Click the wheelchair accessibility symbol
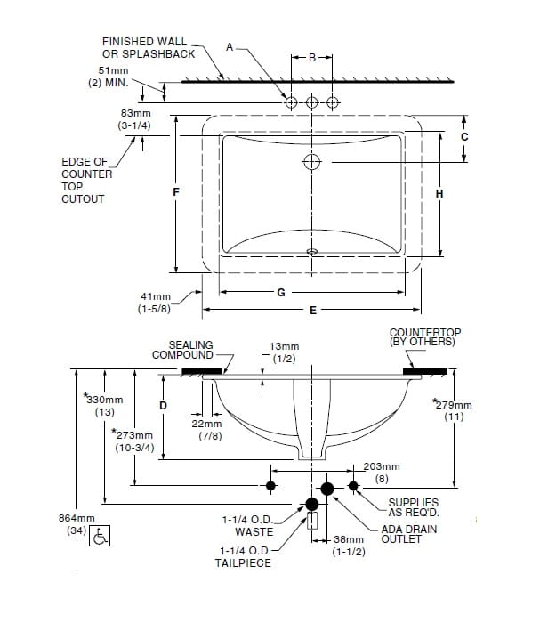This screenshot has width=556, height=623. click(x=100, y=536)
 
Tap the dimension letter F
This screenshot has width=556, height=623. click(x=176, y=192)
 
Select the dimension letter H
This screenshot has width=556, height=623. click(x=439, y=194)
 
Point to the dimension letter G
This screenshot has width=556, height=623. click(x=281, y=293)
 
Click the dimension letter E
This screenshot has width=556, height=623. click(x=313, y=311)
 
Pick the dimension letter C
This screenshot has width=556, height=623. click(x=464, y=137)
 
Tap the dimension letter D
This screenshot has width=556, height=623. click(x=163, y=406)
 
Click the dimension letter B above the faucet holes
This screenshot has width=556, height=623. click(x=312, y=58)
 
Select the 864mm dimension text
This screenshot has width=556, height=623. click(x=77, y=518)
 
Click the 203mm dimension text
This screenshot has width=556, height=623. click(x=382, y=466)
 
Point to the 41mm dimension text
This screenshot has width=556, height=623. click(x=156, y=296)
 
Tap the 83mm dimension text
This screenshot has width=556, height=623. click(x=136, y=113)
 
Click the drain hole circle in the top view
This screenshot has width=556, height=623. click(x=311, y=162)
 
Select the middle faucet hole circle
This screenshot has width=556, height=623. click(x=311, y=102)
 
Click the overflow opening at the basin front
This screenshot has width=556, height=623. click(x=312, y=251)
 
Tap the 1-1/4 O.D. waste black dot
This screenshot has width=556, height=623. click(x=311, y=505)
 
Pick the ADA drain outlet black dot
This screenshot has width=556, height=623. click(x=327, y=489)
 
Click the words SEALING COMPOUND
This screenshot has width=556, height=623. click(x=182, y=350)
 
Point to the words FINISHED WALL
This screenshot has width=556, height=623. click(x=144, y=42)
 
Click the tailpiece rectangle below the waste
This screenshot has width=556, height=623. click(x=312, y=521)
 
